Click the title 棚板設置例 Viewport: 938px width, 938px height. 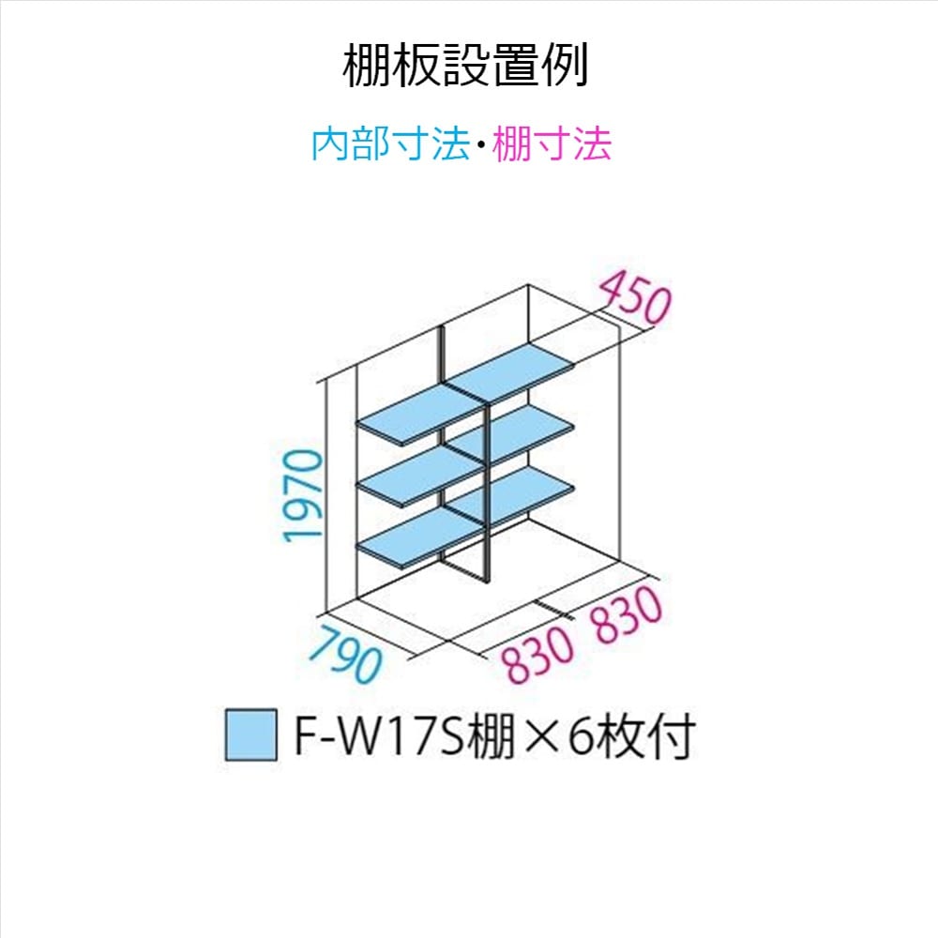pyautogui.click(x=465, y=66)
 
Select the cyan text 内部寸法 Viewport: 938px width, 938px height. pyautogui.click(x=389, y=144)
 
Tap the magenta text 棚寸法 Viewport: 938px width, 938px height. pyautogui.click(x=552, y=144)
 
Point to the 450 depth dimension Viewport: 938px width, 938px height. pyautogui.click(x=634, y=297)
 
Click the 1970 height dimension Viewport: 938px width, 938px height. pyautogui.click(x=305, y=495)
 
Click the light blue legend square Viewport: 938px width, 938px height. pyautogui.click(x=250, y=734)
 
